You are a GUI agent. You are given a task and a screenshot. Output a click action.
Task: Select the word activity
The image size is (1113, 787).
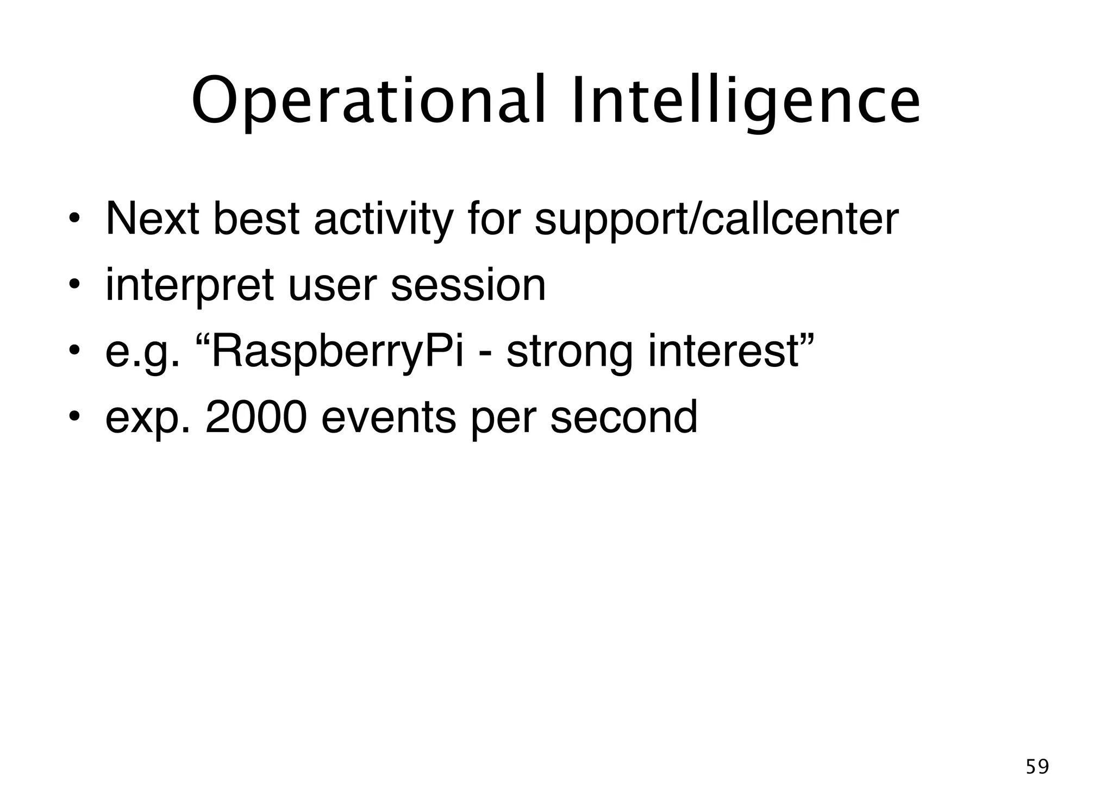coord(383,220)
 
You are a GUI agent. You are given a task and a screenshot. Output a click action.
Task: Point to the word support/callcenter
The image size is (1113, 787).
coord(716,220)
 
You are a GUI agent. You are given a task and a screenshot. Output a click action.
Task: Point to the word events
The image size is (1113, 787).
coord(389,417)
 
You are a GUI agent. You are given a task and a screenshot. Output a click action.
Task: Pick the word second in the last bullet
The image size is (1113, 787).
coord(623,417)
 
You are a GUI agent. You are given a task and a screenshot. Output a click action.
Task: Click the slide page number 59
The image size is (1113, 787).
coord(1037,766)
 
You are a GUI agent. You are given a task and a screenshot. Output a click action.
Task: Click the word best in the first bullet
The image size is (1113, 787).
coord(257,218)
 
